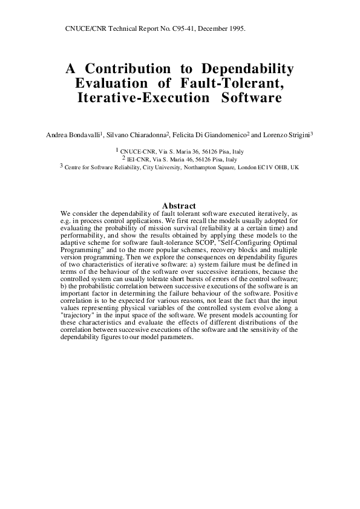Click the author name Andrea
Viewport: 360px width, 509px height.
[58, 135]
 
